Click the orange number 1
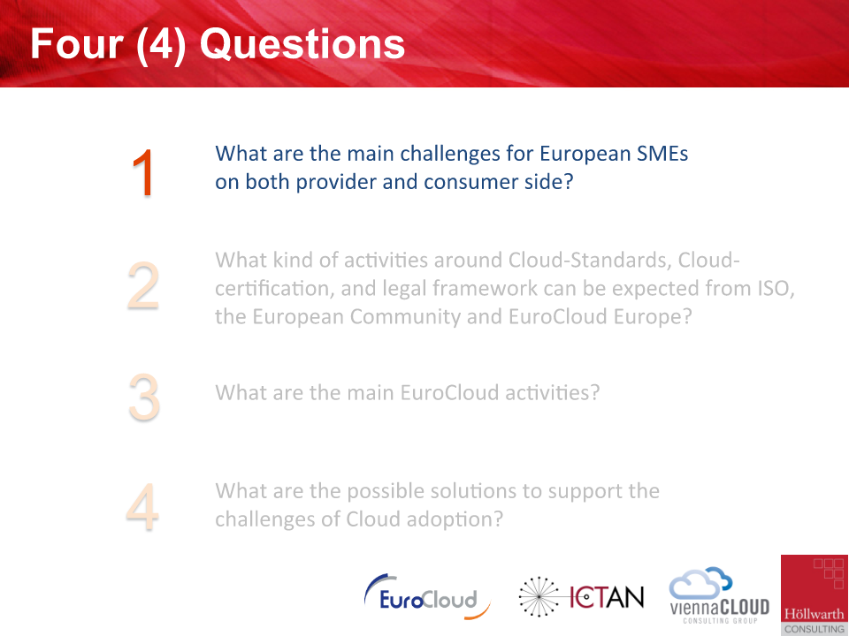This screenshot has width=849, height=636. [x=143, y=173]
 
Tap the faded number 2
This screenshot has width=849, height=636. [x=143, y=285]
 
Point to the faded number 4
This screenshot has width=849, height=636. [x=142, y=507]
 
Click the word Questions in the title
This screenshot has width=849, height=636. [x=302, y=44]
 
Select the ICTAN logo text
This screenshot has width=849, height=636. [x=607, y=597]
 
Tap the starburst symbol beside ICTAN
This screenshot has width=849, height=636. [x=539, y=597]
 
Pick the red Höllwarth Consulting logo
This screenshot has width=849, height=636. [x=815, y=594]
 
